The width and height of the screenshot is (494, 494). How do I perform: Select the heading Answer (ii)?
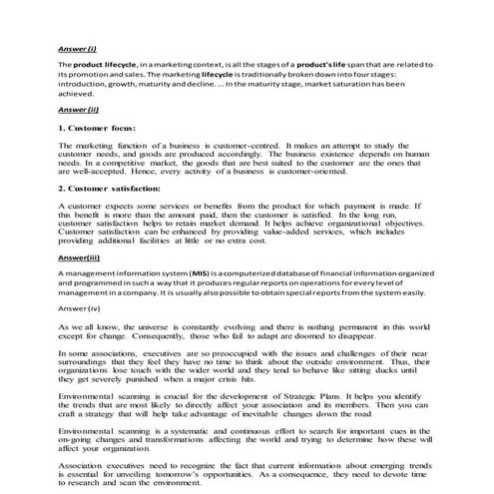pyautogui.click(x=77, y=108)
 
